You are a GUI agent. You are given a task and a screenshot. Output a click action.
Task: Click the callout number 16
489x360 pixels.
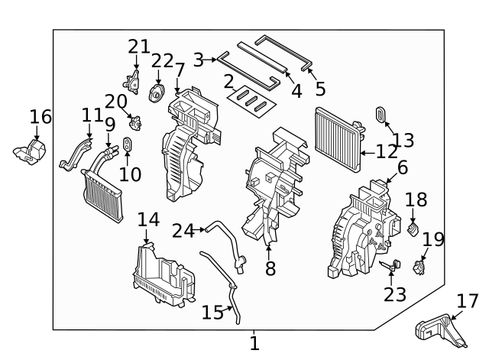(x=40, y=117)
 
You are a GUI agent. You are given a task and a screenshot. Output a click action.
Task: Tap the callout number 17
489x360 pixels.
(x=466, y=300)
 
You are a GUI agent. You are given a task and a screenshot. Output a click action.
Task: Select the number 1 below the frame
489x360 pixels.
(x=254, y=344)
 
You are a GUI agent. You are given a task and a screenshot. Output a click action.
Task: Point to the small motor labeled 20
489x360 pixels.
(x=137, y=122)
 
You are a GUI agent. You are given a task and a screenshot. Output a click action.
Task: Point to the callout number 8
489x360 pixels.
(x=270, y=269)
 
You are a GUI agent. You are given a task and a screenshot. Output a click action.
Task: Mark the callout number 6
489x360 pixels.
(x=402, y=167)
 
